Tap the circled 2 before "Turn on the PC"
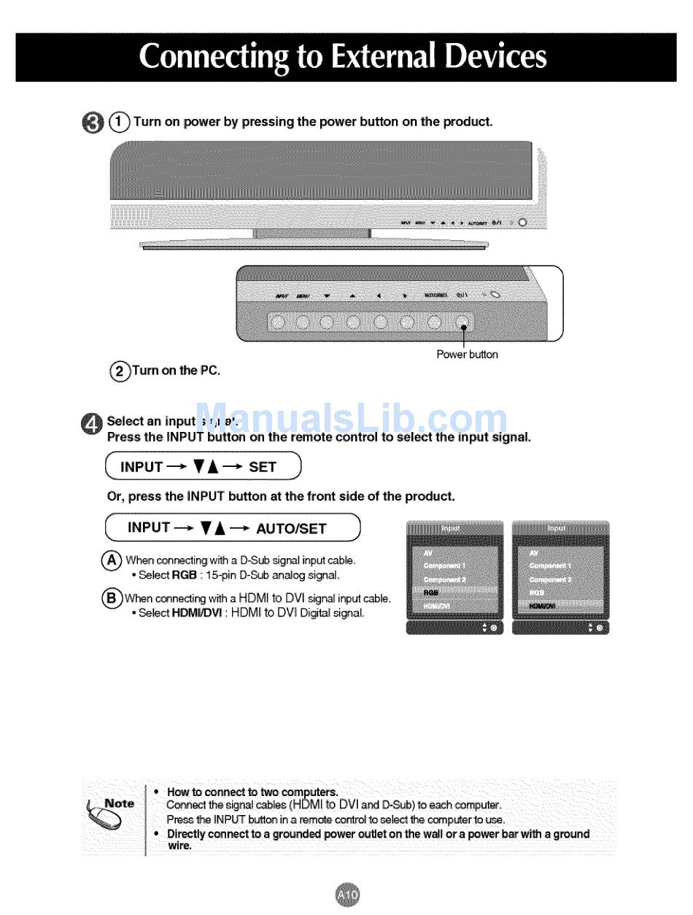tap(117, 371)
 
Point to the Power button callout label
tap(467, 355)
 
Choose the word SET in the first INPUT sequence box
tap(262, 467)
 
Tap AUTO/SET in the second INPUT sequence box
tap(291, 528)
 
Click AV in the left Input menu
tap(427, 553)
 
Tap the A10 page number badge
tap(348, 895)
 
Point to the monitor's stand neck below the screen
tap(312, 233)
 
